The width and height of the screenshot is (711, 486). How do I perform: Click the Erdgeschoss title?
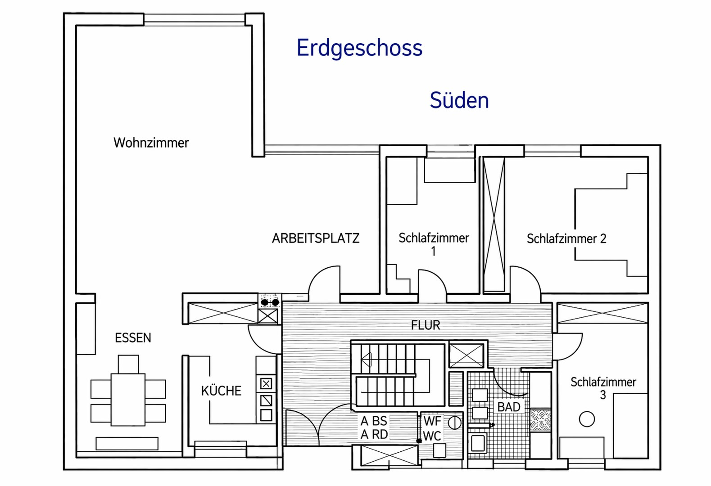pos(359,48)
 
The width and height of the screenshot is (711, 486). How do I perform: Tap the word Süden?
pos(459,100)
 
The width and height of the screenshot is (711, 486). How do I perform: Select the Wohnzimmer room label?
pos(151,143)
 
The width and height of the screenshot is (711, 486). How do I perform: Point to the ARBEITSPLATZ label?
pos(316,238)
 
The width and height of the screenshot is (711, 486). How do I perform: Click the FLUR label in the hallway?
pos(426,325)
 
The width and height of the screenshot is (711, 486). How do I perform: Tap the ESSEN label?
pos(133,338)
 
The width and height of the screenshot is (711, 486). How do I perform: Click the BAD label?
pos(509,407)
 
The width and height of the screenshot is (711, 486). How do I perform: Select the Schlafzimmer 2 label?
pos(566,238)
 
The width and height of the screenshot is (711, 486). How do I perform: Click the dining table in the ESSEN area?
pos(128,400)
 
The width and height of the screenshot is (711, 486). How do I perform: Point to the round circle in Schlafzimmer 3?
pos(587,419)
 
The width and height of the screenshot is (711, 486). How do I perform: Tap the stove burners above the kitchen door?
pos(270,302)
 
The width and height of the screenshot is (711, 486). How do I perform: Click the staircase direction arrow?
pos(367,360)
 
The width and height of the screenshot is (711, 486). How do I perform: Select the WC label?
pos(432,436)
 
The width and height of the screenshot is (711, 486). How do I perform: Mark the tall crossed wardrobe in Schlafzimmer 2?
pos(494,224)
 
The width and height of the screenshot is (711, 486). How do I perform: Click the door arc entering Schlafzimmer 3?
pos(567,346)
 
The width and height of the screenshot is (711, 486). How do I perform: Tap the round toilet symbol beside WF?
pos(454,423)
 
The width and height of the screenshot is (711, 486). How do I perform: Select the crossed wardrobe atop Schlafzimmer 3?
pos(602,314)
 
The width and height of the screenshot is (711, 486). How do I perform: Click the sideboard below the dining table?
pos(127,444)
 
